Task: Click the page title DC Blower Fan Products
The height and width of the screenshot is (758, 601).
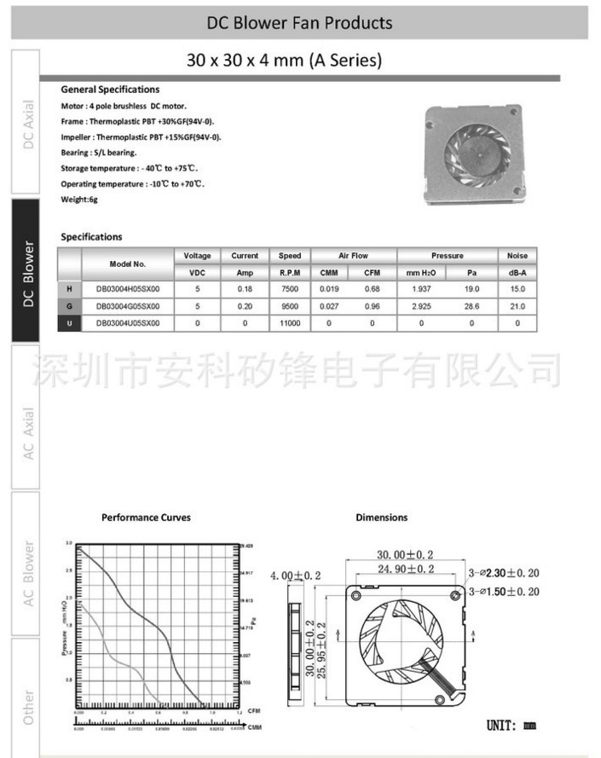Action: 300,23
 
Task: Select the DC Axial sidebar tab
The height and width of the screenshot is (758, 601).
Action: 27,124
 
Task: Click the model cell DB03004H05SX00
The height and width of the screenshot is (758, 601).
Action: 128,289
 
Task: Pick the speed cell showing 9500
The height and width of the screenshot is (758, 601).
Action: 290,306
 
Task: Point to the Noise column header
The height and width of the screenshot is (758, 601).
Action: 517,256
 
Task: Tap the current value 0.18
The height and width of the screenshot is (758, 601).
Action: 245,289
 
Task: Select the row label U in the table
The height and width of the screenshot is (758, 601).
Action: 69,323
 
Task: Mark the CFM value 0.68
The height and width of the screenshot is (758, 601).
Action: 372,289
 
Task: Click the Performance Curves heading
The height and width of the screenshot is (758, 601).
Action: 146,517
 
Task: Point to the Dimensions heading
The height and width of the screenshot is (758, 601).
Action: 381,517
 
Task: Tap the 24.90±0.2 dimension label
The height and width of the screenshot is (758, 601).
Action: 400,569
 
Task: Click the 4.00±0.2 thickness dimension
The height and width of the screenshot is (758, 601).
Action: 297,576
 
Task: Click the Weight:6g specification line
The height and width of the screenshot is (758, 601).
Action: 78,200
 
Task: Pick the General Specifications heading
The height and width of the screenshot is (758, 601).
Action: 110,90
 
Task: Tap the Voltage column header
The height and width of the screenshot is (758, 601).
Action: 197,256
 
